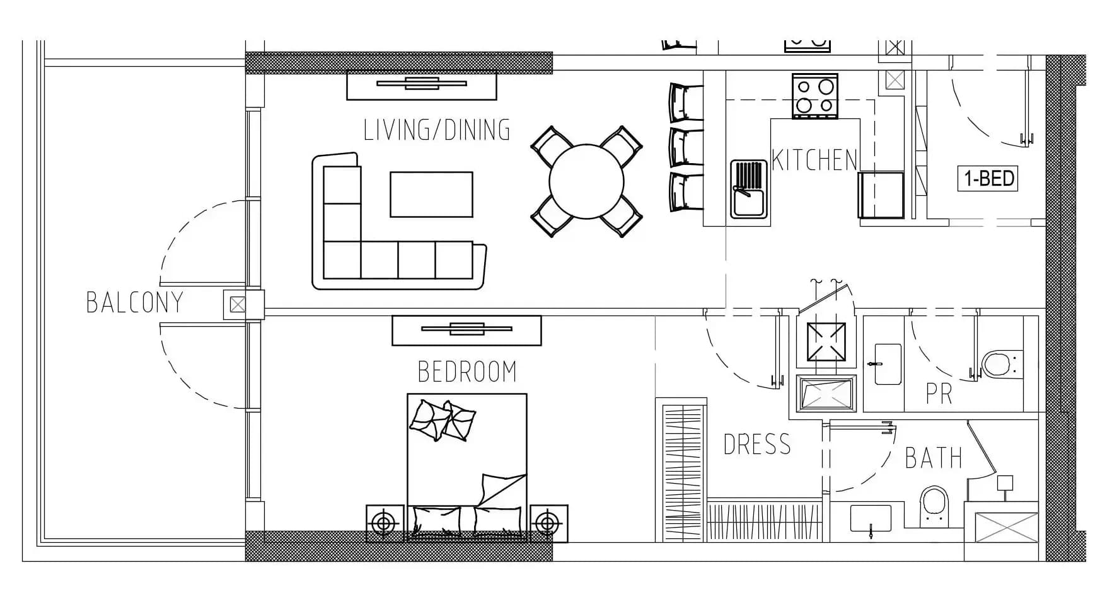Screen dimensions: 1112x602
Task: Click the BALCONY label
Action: tap(134, 302)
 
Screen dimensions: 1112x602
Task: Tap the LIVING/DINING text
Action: tap(437, 130)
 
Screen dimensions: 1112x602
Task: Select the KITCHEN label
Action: tap(814, 160)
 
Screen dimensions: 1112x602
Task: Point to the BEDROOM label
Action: tap(467, 372)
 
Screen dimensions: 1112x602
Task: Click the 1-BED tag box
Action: tap(988, 179)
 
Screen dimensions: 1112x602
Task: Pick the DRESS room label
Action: tap(756, 445)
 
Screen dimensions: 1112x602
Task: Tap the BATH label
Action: tap(934, 458)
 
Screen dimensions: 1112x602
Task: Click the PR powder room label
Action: tap(939, 394)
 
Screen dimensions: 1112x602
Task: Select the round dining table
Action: tap(586, 181)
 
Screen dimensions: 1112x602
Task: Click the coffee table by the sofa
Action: tap(431, 195)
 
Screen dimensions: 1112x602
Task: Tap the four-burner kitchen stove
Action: tap(814, 96)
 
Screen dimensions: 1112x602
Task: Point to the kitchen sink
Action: tap(749, 189)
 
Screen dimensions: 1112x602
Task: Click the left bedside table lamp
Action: tap(385, 523)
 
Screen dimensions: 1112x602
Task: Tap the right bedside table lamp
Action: tap(548, 523)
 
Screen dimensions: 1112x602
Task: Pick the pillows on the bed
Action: tap(443, 420)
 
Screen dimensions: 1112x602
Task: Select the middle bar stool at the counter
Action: tap(686, 147)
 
